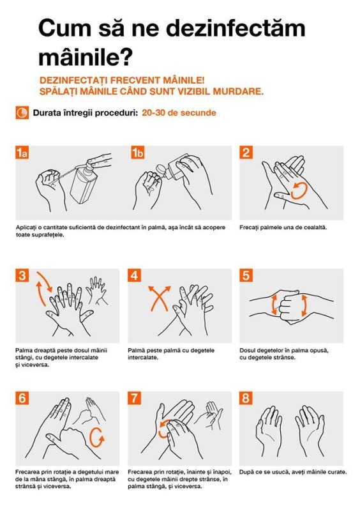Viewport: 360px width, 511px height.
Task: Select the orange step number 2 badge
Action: [246, 153]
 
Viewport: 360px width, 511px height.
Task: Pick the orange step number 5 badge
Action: [246, 275]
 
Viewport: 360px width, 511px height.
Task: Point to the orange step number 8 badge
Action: [246, 398]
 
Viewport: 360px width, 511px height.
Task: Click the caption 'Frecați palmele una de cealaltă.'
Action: [283, 227]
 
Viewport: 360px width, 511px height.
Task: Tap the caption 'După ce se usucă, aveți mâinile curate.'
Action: [293, 472]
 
